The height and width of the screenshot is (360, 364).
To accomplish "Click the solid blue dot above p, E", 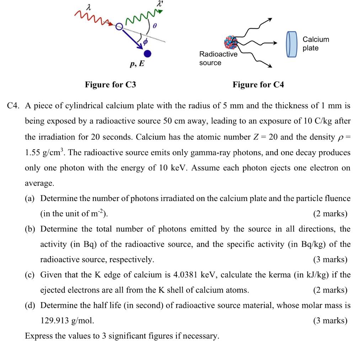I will click(148, 54).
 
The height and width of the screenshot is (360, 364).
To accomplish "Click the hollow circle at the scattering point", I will click(119, 27).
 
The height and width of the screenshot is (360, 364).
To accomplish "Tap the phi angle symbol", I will click(145, 42).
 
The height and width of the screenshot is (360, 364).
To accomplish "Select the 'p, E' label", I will click(137, 64).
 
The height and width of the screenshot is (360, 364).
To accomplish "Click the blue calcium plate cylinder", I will click(291, 44).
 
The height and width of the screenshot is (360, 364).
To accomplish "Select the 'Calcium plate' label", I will click(316, 44).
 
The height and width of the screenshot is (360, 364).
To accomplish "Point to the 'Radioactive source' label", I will click(218, 59).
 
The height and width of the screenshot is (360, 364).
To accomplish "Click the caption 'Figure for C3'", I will click(110, 84).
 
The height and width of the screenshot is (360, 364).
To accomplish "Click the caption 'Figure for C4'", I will click(258, 84).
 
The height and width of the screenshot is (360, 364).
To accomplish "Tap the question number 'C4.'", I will click(16, 106).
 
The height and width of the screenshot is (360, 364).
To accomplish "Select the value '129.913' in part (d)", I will click(55, 321).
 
